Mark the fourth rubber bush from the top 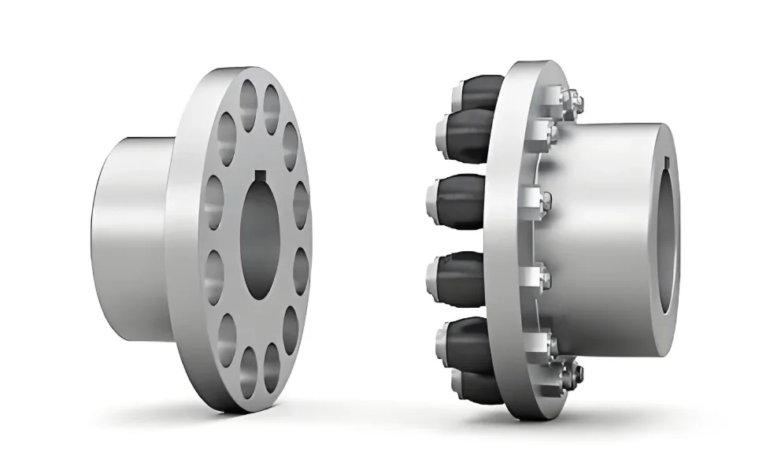tap(461, 271)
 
